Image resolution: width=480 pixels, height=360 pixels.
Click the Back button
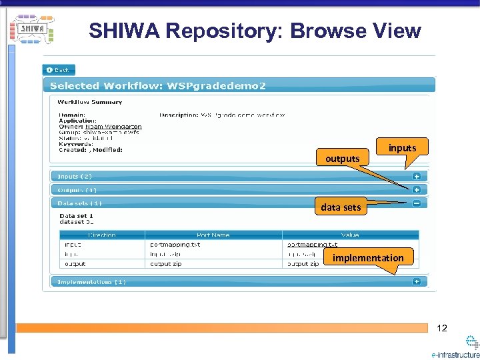[x=59, y=70]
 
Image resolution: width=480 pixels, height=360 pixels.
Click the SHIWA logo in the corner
[x=32, y=29]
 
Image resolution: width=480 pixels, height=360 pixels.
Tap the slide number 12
[x=441, y=327]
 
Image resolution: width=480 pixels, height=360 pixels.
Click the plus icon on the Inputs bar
[x=416, y=177]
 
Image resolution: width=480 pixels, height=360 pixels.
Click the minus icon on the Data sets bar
[x=416, y=203]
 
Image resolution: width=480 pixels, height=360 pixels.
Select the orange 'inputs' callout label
[x=402, y=148]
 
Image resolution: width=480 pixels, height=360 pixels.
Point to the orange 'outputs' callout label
[x=342, y=159]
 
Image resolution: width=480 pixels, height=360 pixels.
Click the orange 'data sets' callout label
[x=341, y=207]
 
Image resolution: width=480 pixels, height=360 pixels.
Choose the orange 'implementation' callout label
[x=368, y=258]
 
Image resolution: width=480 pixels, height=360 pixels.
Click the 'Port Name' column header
[x=213, y=235]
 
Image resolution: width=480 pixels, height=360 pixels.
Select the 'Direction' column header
[x=101, y=235]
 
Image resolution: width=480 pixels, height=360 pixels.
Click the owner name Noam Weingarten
[x=113, y=127]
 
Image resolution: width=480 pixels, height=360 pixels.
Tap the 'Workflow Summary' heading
[x=89, y=102]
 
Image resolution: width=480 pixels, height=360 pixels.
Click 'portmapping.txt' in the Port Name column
[x=175, y=245]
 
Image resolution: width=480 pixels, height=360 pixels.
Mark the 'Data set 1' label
[x=76, y=216]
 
